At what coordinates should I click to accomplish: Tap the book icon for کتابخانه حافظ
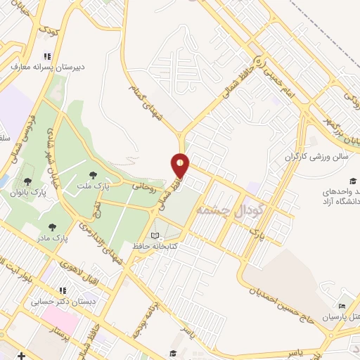coord(155,236)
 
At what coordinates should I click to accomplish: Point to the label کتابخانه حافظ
coord(154,247)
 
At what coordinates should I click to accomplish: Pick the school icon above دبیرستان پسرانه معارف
coord(47,56)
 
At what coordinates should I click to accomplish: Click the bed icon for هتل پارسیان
coord(342,307)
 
